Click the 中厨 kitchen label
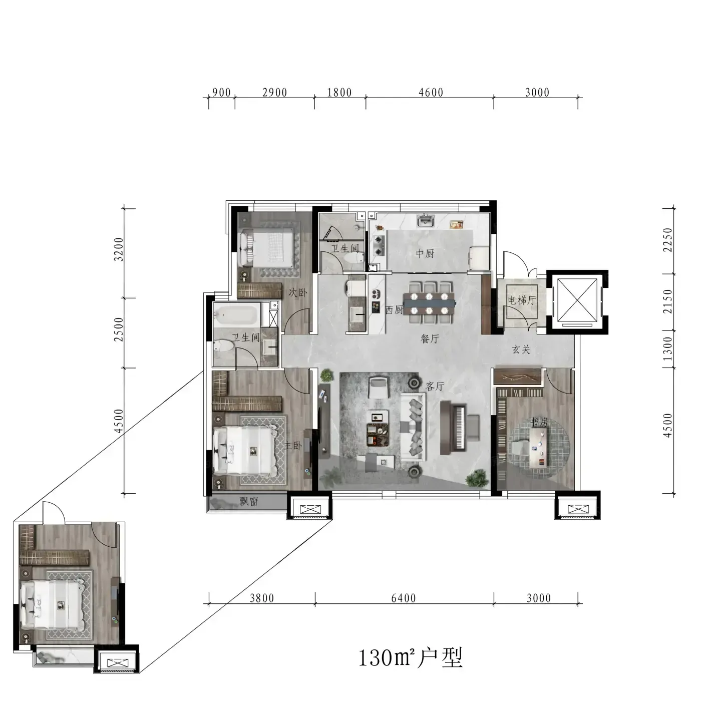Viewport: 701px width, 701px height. point(425,253)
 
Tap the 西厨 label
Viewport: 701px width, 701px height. point(395,310)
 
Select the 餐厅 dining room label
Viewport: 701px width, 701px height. point(430,338)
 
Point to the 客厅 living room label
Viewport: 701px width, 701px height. point(435,386)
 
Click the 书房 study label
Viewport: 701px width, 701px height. point(539,422)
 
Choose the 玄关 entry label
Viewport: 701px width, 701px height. point(521,349)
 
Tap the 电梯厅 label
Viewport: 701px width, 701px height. point(522,300)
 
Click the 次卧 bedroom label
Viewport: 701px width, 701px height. point(298,292)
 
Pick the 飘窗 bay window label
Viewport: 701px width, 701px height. point(249,502)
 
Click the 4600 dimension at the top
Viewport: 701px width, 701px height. point(431,93)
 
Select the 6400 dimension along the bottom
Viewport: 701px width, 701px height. point(404,598)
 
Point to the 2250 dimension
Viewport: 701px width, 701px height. point(668,240)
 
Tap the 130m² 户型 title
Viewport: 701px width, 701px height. point(411,658)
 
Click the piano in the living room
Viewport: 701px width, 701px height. point(453,428)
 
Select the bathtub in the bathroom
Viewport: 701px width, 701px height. point(236,315)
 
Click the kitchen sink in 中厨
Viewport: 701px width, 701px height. point(426,221)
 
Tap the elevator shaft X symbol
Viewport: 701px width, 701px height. point(577,300)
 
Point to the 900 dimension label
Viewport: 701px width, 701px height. point(221,93)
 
